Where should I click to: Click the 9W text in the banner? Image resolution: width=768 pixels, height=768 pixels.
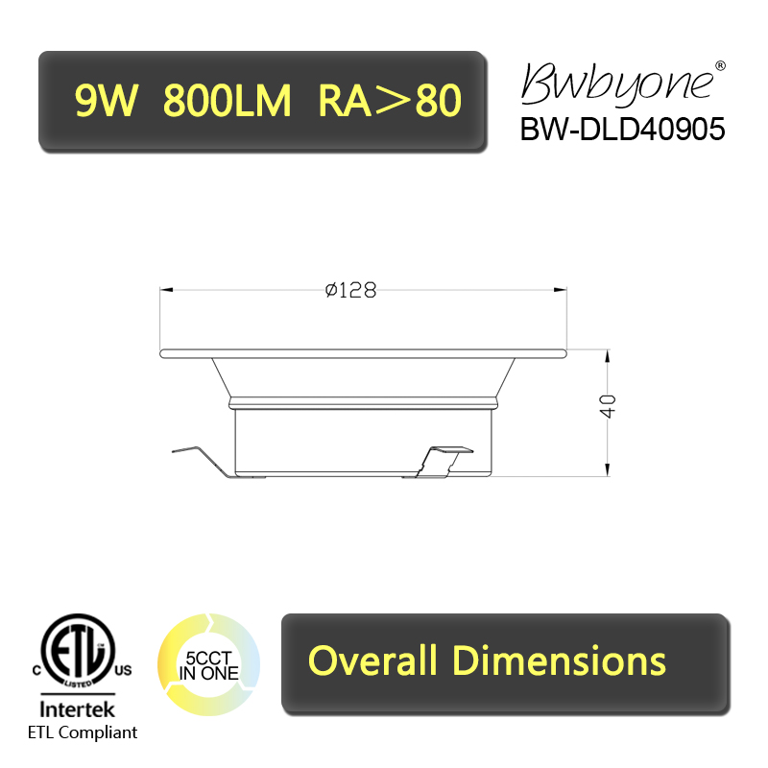pos(107,101)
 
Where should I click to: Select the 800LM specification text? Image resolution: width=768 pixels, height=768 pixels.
pos(227,101)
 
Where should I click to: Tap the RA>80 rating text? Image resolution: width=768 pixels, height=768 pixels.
pos(390,101)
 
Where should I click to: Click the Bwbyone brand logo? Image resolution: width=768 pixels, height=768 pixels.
pos(617,84)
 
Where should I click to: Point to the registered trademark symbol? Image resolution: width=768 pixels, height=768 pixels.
pos(720,65)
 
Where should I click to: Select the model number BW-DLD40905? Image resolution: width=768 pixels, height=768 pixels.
pos(622,130)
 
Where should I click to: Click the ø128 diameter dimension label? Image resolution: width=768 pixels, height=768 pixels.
pos(350,290)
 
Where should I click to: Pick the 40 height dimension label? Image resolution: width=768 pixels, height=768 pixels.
pos(608,406)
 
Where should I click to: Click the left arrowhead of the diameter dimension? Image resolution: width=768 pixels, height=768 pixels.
pos(166,290)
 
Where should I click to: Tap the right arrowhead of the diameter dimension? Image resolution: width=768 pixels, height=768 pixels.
pos(560,290)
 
